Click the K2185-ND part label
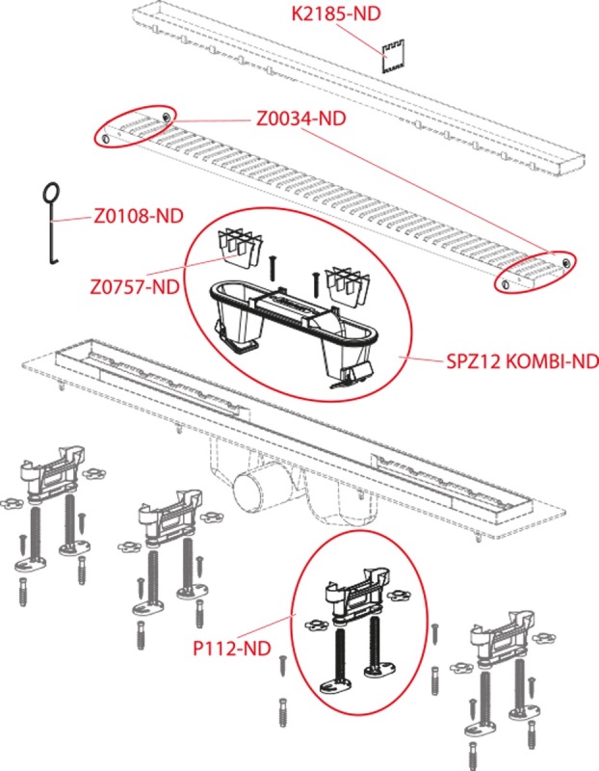(336, 13)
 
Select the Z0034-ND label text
(301, 118)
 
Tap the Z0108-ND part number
(139, 215)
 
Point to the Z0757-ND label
(135, 286)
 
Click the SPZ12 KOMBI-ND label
(522, 361)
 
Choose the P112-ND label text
(232, 648)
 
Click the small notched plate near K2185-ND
(393, 56)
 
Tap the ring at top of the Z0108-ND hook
(51, 191)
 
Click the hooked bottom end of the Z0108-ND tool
(53, 260)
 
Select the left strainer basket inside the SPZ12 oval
(239, 249)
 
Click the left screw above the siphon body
(272, 269)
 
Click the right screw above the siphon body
(315, 285)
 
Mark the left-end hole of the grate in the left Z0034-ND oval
(105, 139)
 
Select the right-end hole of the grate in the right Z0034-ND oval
(566, 261)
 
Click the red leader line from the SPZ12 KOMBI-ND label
(422, 359)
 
